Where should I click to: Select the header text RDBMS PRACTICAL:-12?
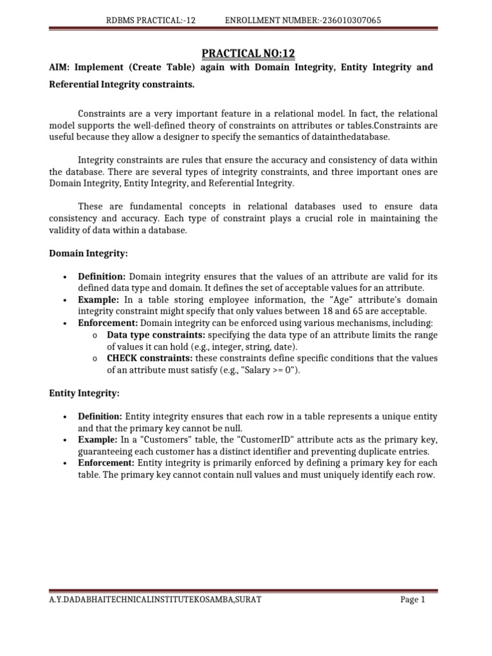click(x=151, y=20)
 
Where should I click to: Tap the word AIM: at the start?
click(x=60, y=67)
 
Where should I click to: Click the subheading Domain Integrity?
click(x=88, y=254)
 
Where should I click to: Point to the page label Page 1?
click(x=413, y=600)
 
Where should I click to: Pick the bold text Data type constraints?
click(x=156, y=334)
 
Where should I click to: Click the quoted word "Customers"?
click(x=158, y=440)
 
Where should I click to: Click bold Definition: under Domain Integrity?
click(x=103, y=277)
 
